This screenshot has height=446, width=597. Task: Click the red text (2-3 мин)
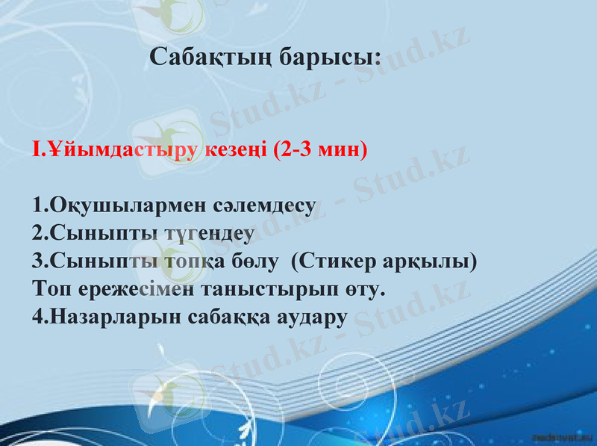pos(321,149)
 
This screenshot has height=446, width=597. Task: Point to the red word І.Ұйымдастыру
pos(115,149)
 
